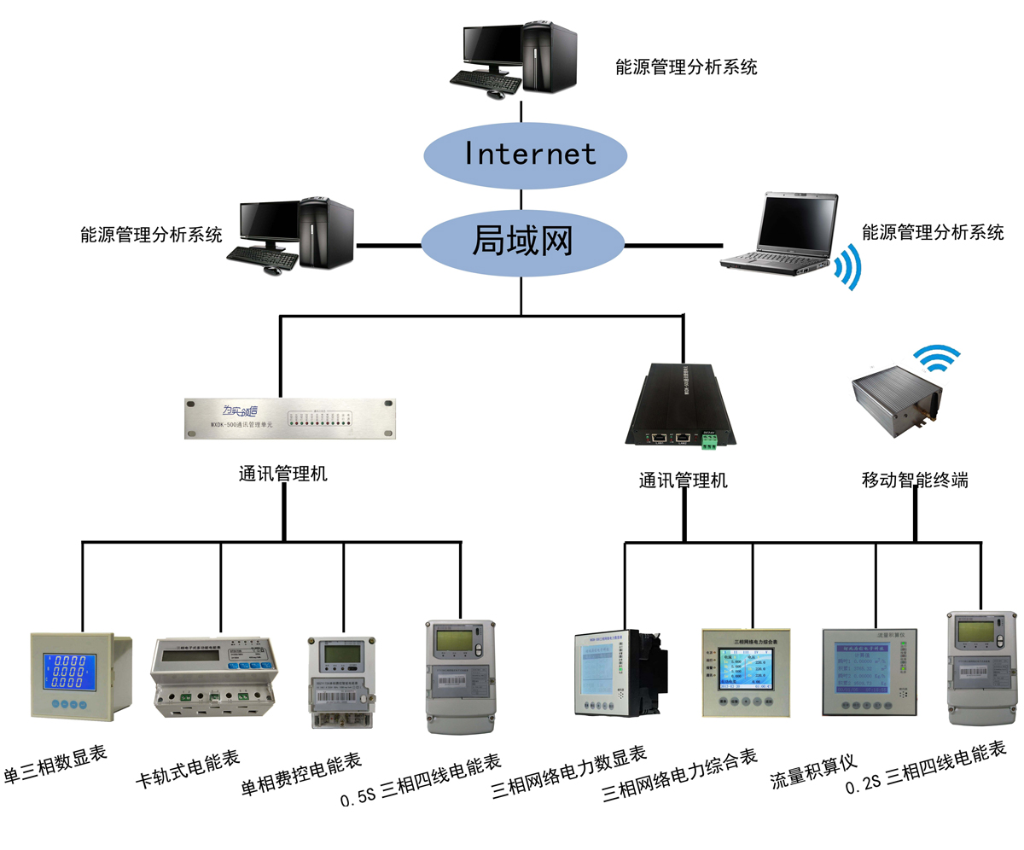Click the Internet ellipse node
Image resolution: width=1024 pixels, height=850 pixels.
[526, 154]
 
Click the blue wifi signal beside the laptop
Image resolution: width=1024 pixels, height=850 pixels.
[847, 268]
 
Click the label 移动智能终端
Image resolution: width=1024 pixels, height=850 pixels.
[915, 480]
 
